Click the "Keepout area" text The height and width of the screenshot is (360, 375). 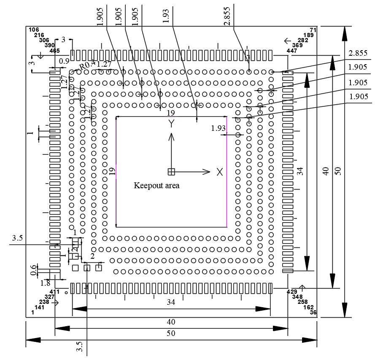(156, 185)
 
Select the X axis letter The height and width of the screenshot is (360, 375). (219, 172)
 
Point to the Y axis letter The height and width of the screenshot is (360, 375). (171, 124)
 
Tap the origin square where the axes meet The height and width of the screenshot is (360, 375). (171, 172)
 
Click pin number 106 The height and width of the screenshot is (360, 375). (34, 30)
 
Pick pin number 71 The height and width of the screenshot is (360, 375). (313, 30)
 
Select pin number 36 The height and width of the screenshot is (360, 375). (313, 312)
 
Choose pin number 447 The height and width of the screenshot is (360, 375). (292, 51)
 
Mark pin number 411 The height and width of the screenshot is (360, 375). (55, 292)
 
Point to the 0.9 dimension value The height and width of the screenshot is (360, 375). (64, 61)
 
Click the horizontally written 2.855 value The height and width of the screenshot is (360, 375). (357, 53)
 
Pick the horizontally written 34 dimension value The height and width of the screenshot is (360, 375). (170, 302)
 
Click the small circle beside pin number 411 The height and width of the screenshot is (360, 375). (66, 292)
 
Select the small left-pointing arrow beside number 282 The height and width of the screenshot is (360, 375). (288, 41)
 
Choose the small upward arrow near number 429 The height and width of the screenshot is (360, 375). (302, 287)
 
